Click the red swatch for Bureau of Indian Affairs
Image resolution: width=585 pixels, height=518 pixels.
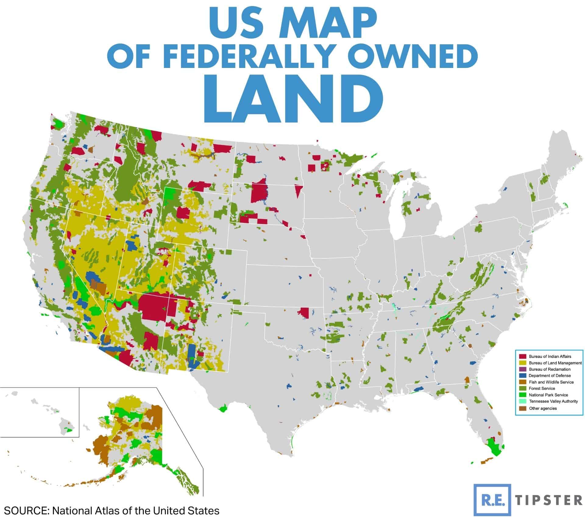522,356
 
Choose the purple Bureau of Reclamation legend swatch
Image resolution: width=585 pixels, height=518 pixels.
522,369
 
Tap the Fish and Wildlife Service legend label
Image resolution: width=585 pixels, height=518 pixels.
551,382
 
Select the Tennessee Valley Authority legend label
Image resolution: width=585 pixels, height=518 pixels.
553,401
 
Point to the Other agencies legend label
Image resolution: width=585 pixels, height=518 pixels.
543,408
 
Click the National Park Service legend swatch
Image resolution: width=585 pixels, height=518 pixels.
522,395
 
